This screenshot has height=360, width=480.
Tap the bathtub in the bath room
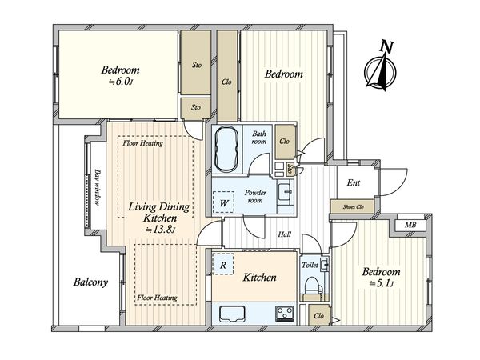pyautogui.click(x=226, y=150)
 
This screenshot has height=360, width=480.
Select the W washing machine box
pyautogui.click(x=224, y=202)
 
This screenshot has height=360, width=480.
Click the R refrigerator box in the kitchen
pyautogui.click(x=223, y=264)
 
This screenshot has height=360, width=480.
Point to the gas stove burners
pyautogui.click(x=285, y=313)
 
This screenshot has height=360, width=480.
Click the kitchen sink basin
pyautogui.click(x=232, y=314)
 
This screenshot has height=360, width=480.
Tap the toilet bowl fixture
pyautogui.click(x=313, y=286)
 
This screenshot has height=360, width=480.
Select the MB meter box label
pyautogui.click(x=410, y=226)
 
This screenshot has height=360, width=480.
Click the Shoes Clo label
pyautogui.click(x=354, y=207)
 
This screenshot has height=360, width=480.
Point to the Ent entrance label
pyautogui.click(x=354, y=182)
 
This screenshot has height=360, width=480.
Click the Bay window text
pyautogui.click(x=98, y=187)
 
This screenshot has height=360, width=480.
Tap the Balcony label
pyautogui.click(x=90, y=282)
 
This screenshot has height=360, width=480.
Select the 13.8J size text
pyautogui.click(x=160, y=230)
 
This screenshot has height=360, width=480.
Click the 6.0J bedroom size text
pyautogui.click(x=122, y=82)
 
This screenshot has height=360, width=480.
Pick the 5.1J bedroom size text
pyautogui.click(x=381, y=283)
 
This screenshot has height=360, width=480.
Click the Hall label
pyautogui.click(x=284, y=234)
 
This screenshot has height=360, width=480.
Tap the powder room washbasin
pyautogui.click(x=286, y=192)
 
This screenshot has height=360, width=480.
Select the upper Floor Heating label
pyautogui.click(x=143, y=143)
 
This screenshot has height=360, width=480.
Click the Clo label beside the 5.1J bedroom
pyautogui.click(x=318, y=316)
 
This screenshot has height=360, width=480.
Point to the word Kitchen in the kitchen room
pyautogui.click(x=259, y=278)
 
